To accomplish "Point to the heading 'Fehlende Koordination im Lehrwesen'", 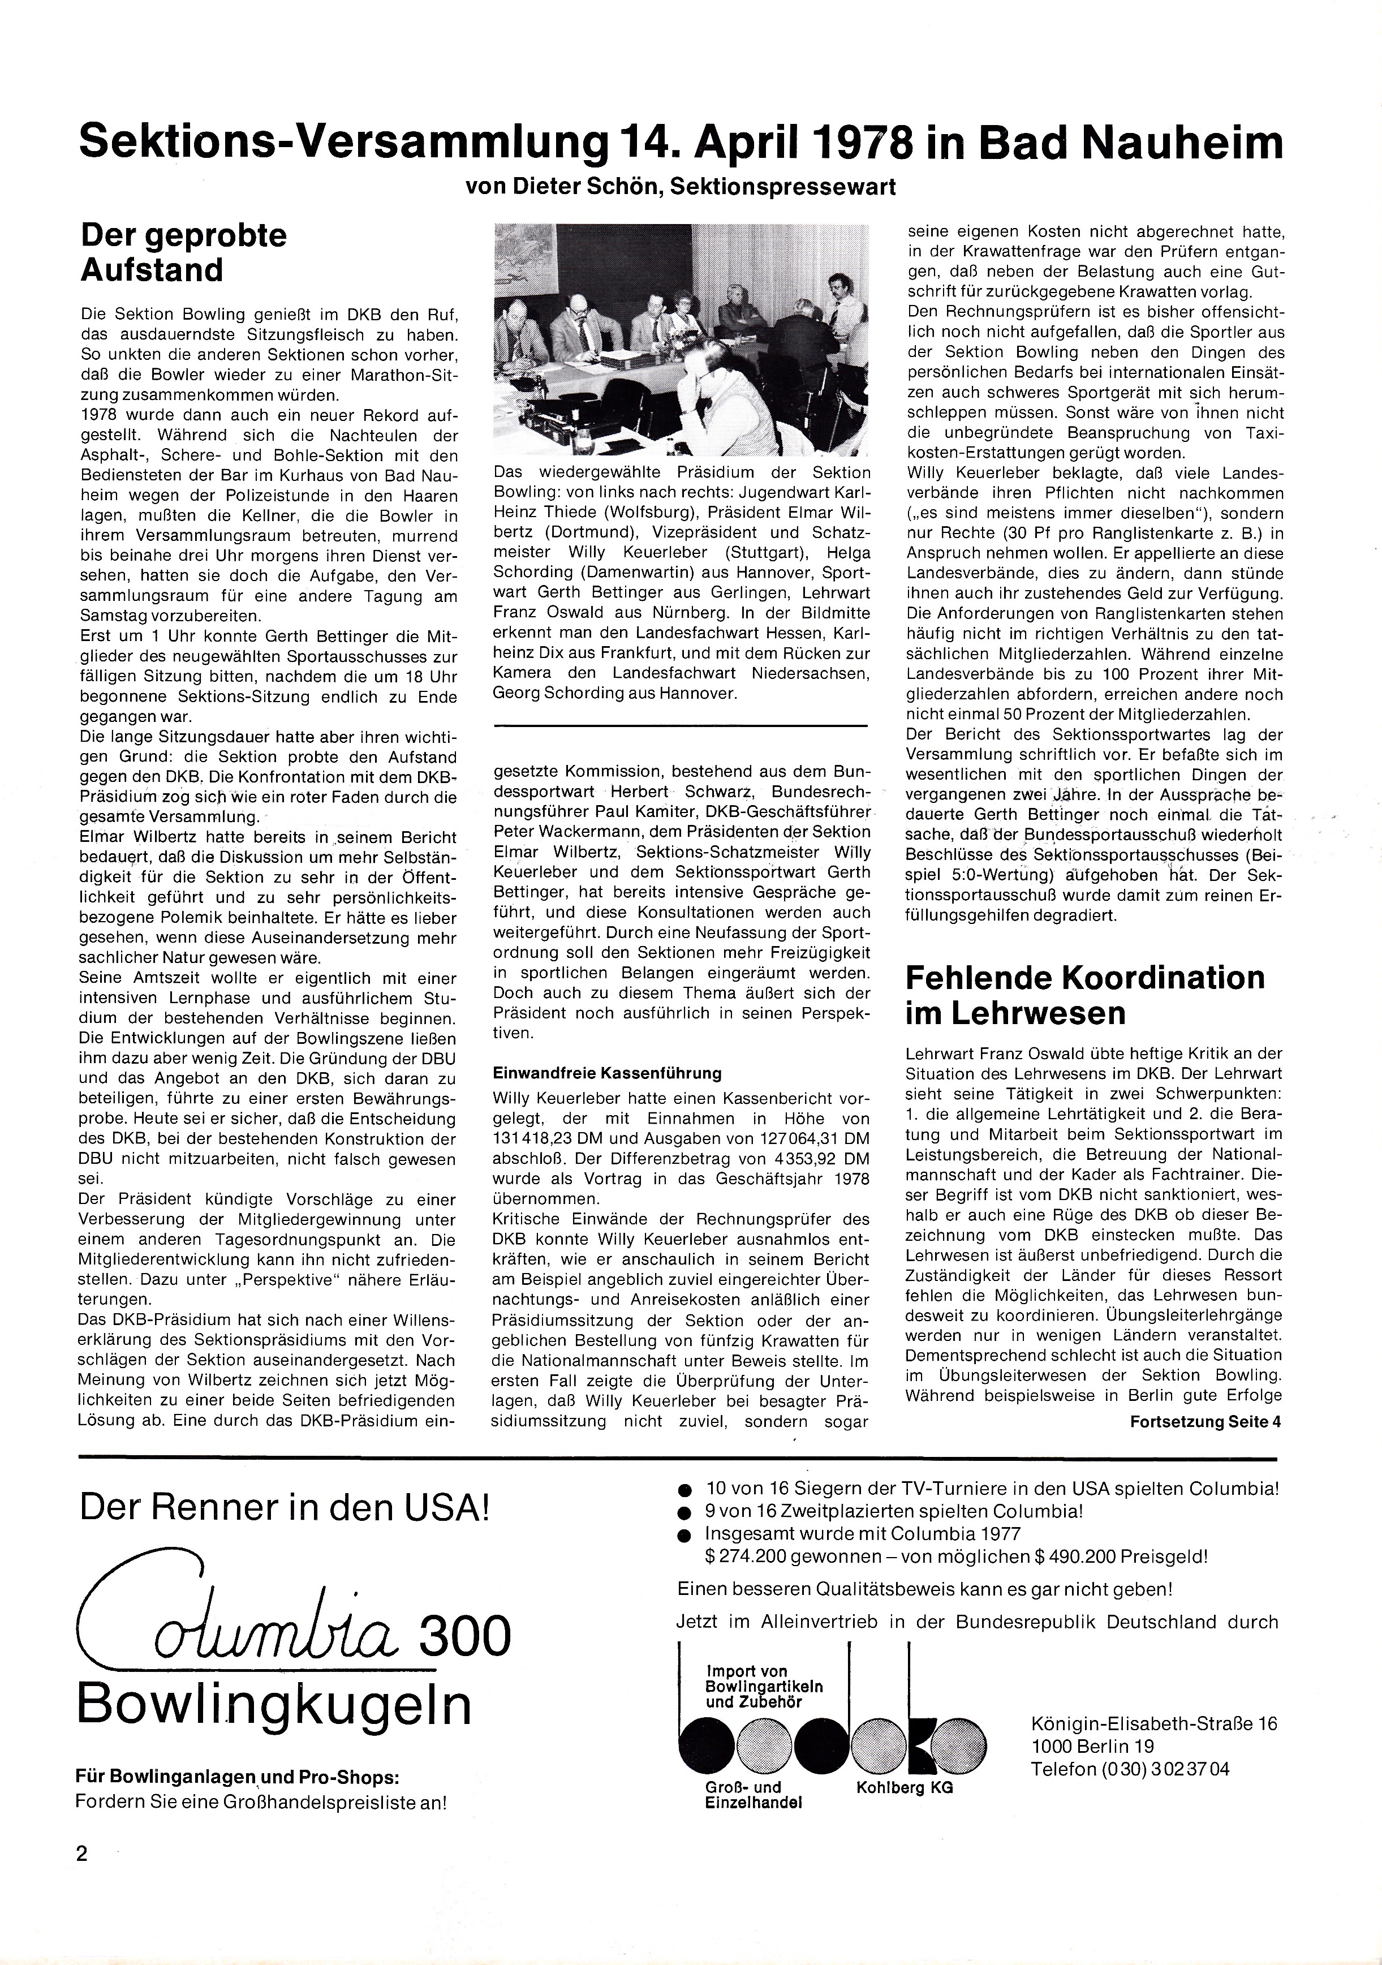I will click(x=1084, y=995).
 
